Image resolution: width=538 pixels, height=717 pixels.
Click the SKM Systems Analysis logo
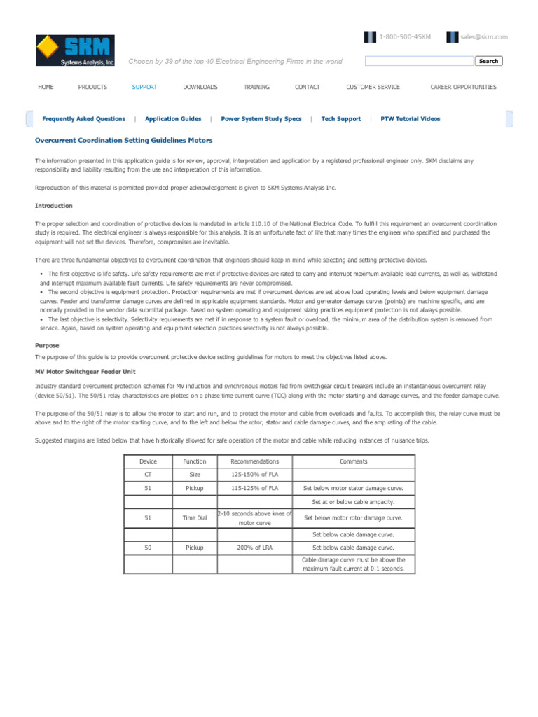pos(75,50)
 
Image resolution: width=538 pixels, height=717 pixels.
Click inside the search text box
pos(419,61)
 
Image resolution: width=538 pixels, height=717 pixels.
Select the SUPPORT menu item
pos(144,87)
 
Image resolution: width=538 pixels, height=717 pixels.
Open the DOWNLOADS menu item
pos(200,87)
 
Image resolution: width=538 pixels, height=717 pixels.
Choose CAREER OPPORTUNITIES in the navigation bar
pos(463,87)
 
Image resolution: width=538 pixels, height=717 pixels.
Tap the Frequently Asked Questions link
pos(84,119)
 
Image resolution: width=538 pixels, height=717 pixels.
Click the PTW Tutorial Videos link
pos(411,119)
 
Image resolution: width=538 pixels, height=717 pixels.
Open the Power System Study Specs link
pos(261,119)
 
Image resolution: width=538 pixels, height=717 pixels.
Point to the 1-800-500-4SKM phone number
pos(404,36)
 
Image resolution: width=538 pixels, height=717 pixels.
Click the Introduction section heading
pos(53,206)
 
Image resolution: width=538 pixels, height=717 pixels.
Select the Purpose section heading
pos(47,345)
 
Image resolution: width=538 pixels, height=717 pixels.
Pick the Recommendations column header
pos(254,461)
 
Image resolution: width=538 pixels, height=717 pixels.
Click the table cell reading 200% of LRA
pos(254,548)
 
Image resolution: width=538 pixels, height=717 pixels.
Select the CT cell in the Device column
pos(148,475)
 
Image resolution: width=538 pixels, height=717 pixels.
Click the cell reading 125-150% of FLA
pos(254,475)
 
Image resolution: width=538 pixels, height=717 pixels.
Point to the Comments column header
pos(353,461)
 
